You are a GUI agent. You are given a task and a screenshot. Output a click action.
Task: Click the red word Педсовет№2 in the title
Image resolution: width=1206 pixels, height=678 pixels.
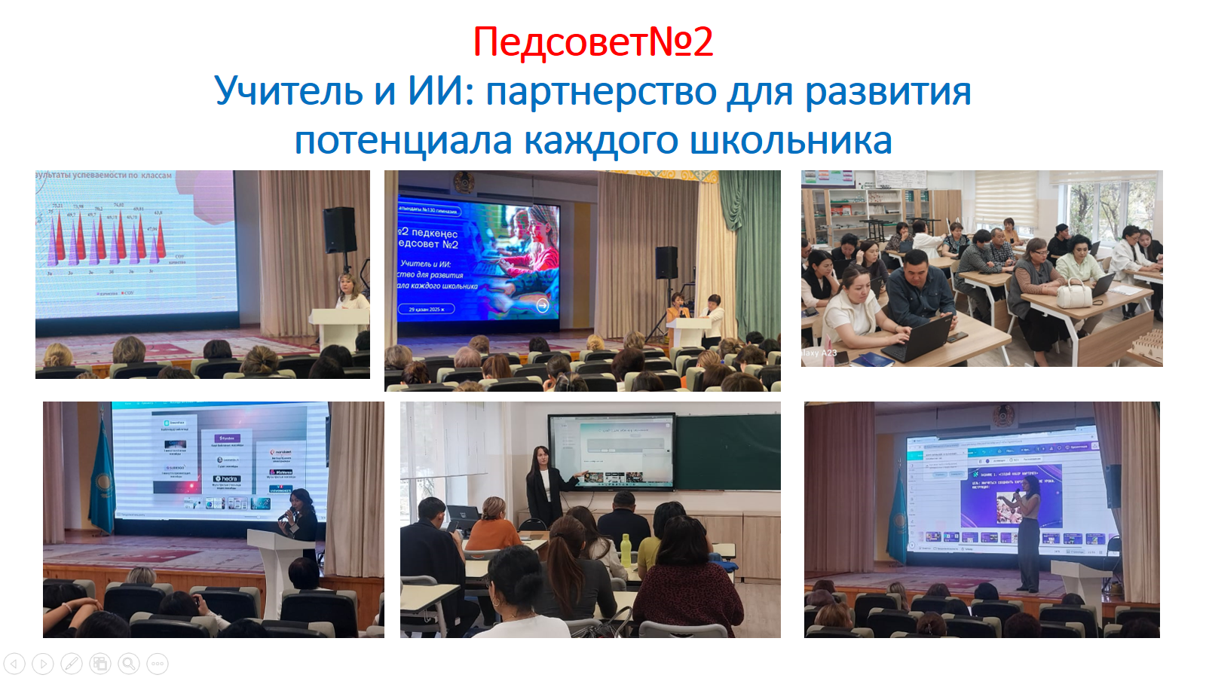[592, 42]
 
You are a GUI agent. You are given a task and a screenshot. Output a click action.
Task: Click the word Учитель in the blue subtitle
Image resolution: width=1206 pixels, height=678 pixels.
[289, 91]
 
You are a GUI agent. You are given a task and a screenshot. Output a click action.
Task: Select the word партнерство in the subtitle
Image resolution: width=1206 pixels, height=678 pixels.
[601, 93]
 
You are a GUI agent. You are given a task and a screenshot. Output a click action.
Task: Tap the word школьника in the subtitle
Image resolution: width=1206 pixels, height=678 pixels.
[791, 141]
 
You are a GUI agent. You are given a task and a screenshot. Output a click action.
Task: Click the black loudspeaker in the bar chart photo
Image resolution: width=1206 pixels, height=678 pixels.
[340, 231]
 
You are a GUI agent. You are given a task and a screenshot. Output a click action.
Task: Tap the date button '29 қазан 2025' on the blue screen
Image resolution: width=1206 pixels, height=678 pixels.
[427, 309]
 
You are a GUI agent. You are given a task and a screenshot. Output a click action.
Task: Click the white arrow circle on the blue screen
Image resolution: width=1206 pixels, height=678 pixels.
[543, 305]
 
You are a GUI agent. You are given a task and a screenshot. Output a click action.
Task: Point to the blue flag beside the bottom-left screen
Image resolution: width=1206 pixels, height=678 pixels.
[101, 482]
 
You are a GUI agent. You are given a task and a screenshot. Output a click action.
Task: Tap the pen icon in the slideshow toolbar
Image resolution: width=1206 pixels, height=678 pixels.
[72, 664]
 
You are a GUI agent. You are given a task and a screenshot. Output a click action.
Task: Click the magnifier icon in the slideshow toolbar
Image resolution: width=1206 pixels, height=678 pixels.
[129, 664]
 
